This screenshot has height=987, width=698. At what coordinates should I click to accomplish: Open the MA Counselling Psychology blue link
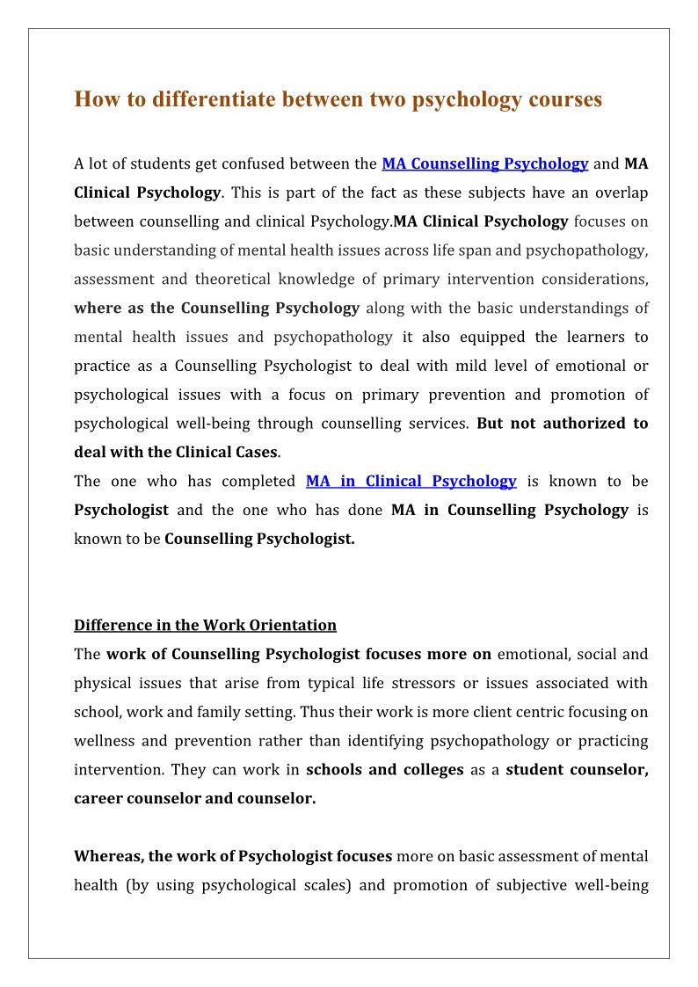click(x=484, y=163)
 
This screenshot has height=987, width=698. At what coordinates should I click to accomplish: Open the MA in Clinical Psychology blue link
click(x=411, y=481)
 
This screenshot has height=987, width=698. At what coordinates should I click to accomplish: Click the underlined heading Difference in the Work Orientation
click(x=205, y=626)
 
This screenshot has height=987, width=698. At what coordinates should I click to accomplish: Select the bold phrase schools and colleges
click(x=384, y=770)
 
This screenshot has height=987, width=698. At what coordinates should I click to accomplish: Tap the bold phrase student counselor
click(x=577, y=770)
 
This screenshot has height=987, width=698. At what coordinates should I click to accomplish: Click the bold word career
click(x=103, y=799)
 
